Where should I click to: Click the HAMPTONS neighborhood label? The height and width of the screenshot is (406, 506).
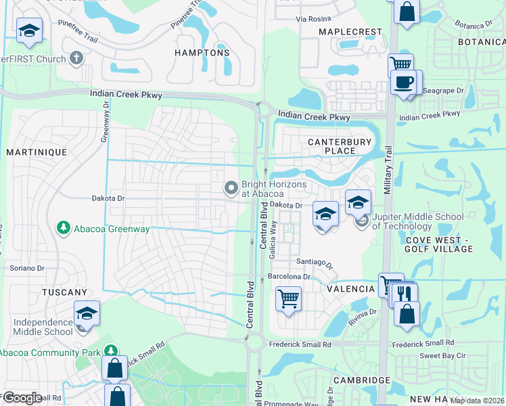point(202,53)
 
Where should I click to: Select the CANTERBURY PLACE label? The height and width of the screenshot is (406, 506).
point(340,146)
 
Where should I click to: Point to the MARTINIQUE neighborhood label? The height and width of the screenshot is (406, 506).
point(37,152)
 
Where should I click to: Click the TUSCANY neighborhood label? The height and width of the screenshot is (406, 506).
point(65,292)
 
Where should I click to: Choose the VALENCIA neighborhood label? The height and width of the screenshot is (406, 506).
point(350,289)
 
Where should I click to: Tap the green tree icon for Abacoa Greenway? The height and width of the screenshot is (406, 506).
point(63,227)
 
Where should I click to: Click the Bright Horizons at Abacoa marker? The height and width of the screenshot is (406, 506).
point(231,187)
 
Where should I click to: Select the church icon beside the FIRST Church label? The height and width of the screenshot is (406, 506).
point(76,58)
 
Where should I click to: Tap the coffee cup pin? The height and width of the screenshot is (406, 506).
point(405,83)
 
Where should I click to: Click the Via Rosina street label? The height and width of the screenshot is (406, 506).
point(313,19)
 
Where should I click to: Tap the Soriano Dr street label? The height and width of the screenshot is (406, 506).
point(27,268)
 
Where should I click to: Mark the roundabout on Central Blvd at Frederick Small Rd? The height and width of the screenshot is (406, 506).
point(255,343)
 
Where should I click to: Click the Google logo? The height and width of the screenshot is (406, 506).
point(23,397)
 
